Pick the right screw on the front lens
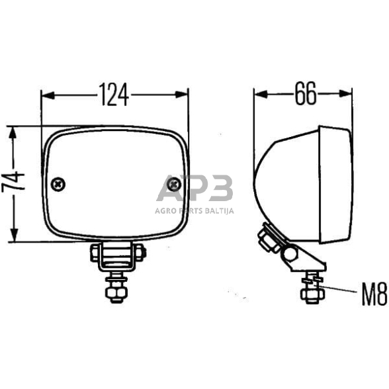[174, 184]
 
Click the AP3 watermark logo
[194, 189]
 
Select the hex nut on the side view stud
[309, 292]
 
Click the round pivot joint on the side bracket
[289, 253]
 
